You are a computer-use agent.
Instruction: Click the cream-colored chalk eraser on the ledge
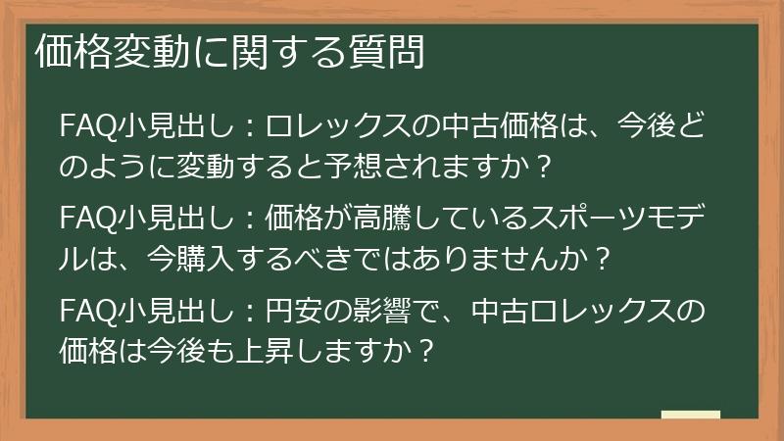690,415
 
